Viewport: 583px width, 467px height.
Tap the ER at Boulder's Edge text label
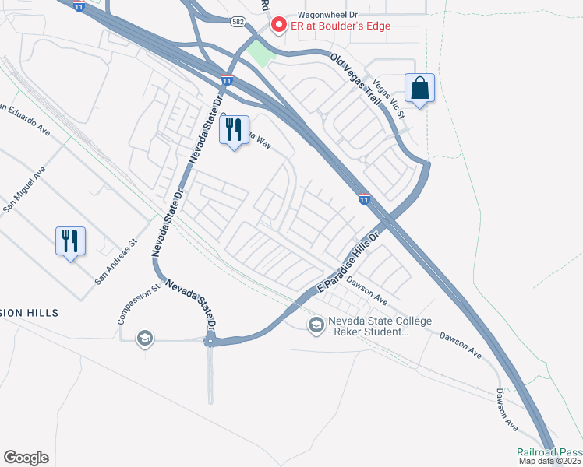pos(340,26)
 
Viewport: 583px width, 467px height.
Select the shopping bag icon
pos(419,89)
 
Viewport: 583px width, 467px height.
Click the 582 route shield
pos(238,22)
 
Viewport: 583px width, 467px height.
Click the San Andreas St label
pos(116,262)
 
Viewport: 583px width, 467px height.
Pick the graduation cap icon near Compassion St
pos(144,338)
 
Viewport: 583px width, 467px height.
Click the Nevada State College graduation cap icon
pos(316,325)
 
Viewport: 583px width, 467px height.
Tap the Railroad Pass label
pos(549,452)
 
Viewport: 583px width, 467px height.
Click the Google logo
pos(26,458)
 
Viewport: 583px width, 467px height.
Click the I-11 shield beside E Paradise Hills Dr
pos(364,200)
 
